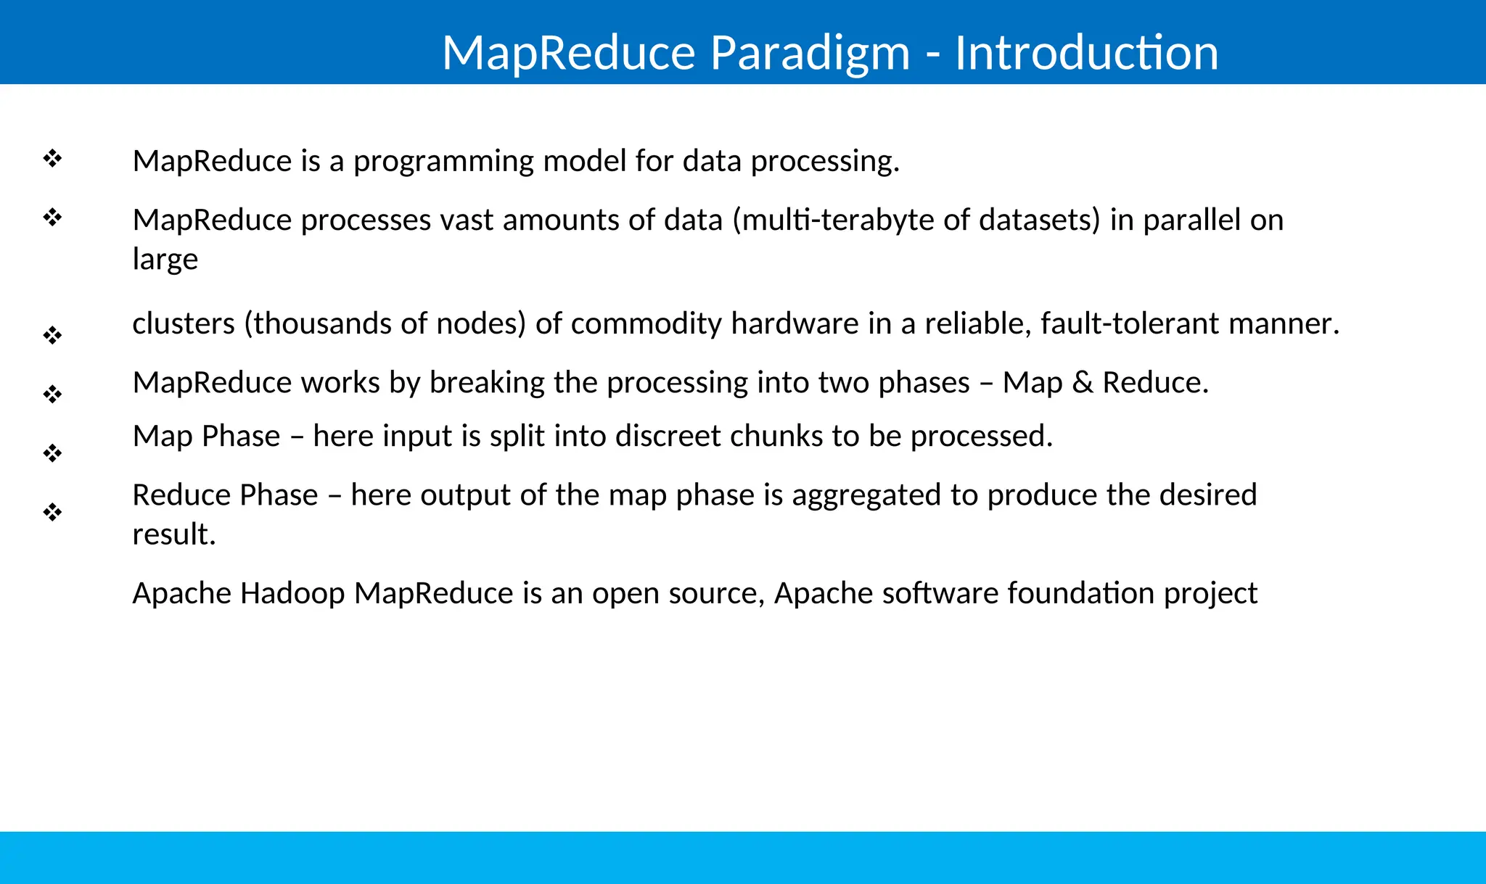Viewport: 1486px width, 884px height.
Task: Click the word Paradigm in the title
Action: [x=809, y=53]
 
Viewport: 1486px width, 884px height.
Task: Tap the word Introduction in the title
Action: [x=1086, y=53]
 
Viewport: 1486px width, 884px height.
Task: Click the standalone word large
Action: [x=165, y=260]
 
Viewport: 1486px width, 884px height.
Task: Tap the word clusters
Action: [x=184, y=323]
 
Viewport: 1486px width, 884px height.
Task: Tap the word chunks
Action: [x=776, y=437]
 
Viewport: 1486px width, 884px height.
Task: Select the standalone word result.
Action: [x=173, y=534]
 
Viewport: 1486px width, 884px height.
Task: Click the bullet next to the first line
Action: [x=52, y=158]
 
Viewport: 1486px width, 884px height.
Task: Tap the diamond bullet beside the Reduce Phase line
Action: [x=52, y=513]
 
